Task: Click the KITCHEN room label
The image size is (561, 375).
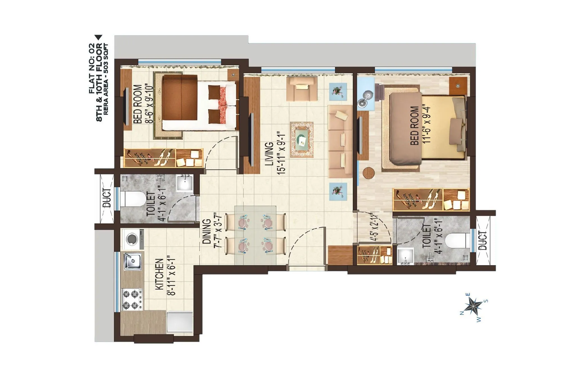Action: click(159, 274)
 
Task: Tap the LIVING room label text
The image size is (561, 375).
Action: click(269, 153)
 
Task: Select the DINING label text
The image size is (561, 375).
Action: click(207, 231)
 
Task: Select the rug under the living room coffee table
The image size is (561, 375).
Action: click(302, 139)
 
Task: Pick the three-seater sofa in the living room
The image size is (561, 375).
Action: click(340, 141)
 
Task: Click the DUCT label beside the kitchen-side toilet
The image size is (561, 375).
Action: click(107, 198)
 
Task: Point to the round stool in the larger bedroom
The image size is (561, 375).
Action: click(369, 173)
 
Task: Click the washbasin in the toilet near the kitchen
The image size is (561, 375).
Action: click(185, 183)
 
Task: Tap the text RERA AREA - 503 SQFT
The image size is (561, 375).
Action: click(106, 79)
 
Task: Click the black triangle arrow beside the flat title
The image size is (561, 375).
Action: click(98, 38)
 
